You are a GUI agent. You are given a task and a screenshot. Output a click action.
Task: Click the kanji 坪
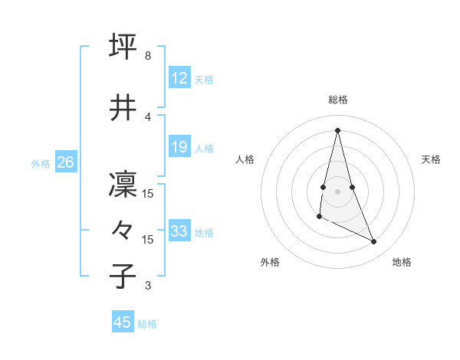point(123,45)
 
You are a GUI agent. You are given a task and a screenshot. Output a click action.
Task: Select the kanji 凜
point(123,185)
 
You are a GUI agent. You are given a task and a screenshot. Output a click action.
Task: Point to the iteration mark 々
point(123,230)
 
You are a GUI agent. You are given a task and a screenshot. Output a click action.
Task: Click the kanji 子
point(123,275)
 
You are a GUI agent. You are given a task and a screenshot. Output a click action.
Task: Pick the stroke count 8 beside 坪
point(147,56)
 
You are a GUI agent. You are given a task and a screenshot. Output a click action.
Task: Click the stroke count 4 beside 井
point(147,116)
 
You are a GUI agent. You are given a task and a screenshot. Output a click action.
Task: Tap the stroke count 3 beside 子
point(147,286)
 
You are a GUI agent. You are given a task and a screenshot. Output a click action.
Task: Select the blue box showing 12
point(179,79)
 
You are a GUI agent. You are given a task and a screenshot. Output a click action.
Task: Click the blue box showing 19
point(179,147)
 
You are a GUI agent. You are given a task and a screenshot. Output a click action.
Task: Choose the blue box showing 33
point(179,231)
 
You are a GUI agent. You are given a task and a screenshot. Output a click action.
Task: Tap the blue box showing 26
point(65,162)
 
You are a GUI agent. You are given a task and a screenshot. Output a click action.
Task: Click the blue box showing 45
point(122,322)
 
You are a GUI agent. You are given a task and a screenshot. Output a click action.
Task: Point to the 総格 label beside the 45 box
point(147,324)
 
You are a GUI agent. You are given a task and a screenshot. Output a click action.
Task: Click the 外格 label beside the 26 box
point(41,164)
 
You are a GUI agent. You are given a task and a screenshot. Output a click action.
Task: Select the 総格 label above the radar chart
point(337,100)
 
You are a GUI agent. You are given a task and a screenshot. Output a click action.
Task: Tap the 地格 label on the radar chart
point(402,262)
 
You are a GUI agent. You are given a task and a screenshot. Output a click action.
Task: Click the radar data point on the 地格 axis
point(374,242)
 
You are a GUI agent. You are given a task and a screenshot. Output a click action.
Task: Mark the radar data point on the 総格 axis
point(337,129)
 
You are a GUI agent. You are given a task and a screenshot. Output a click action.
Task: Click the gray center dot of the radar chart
point(337,191)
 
